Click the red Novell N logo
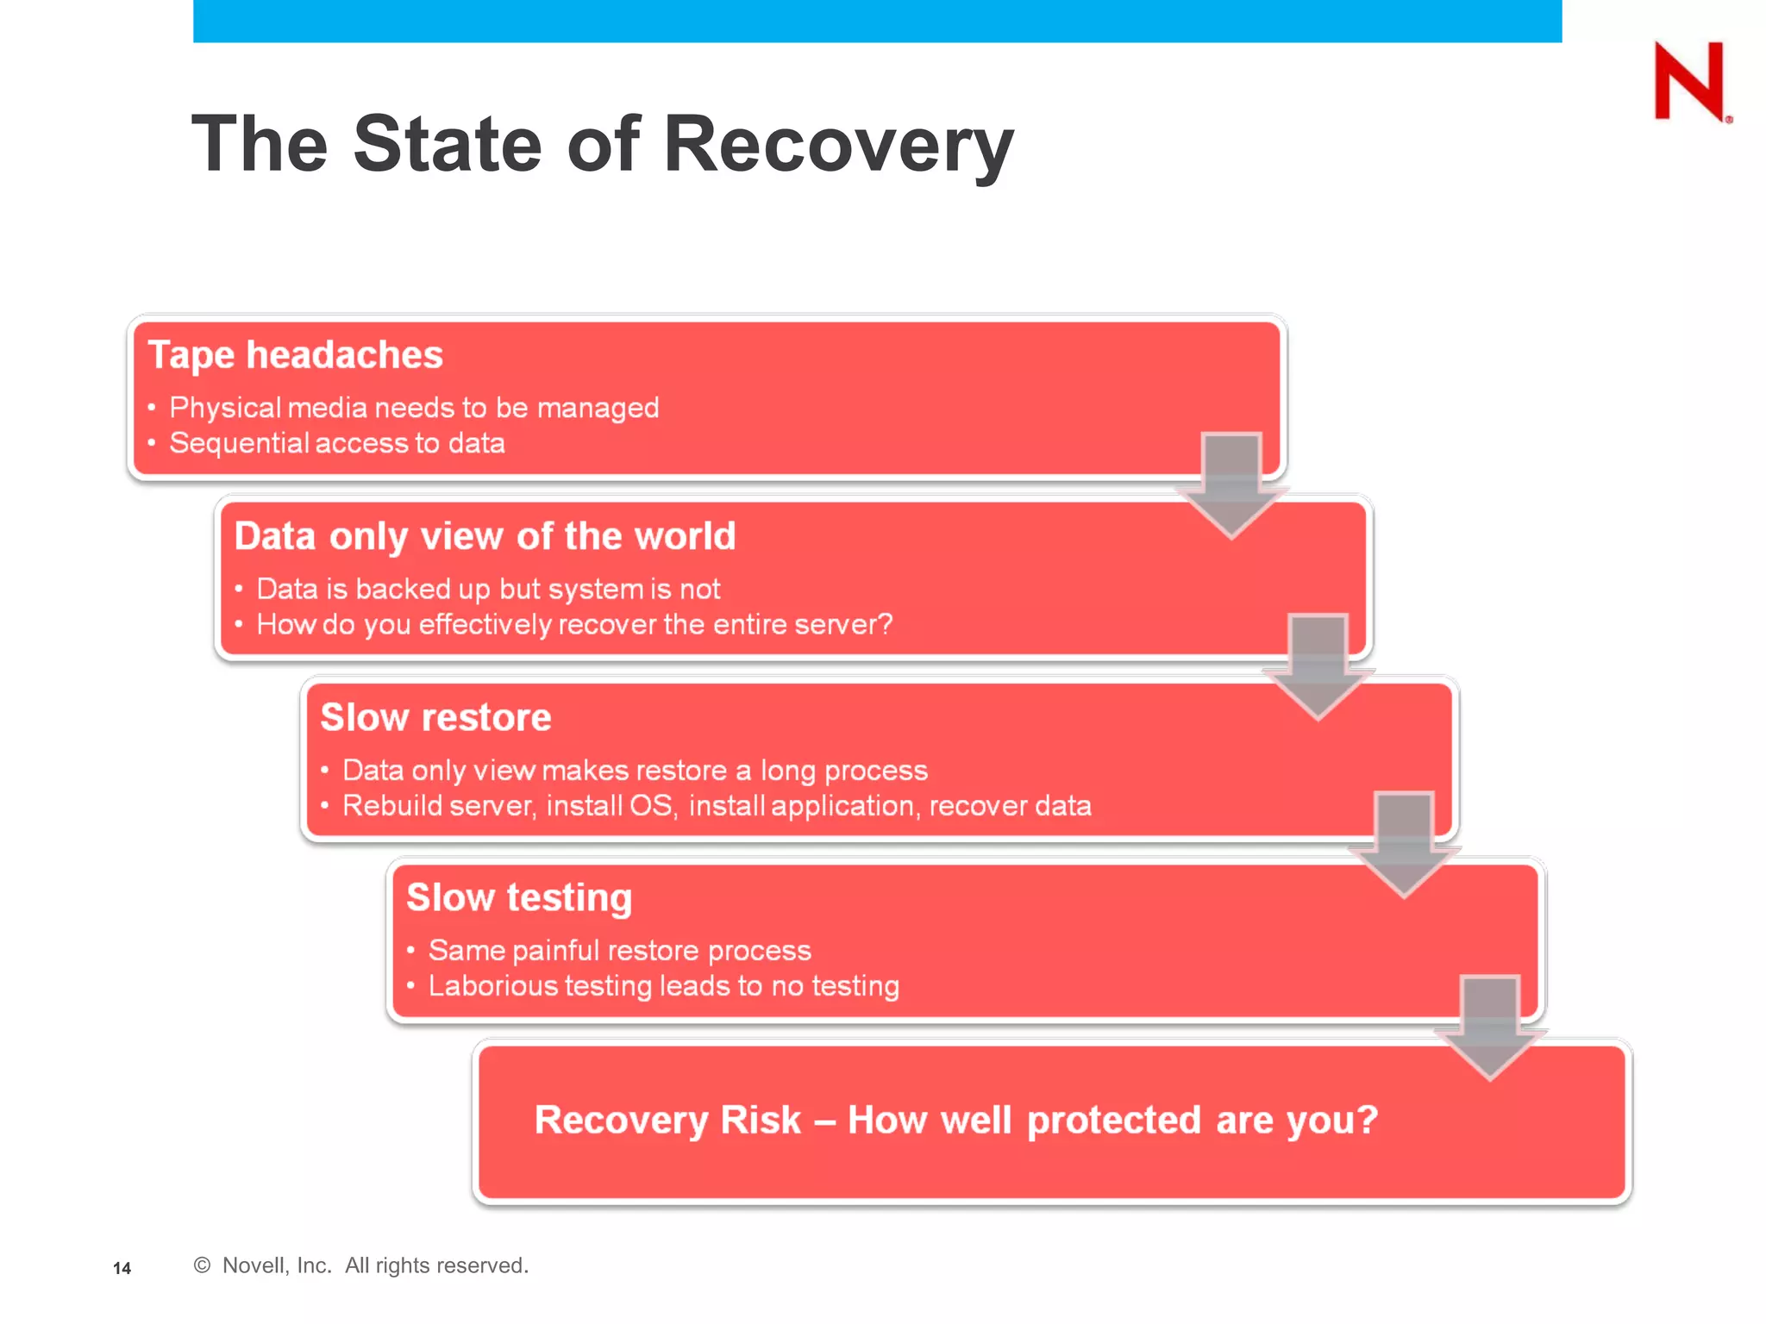pos(1689,82)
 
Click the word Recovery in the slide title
pos(838,144)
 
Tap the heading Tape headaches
pos(295,355)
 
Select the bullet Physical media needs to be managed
pos(413,408)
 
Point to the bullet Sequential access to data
pos(336,443)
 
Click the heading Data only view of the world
pos(485,536)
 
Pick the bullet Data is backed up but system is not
pos(487,589)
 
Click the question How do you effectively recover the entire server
pos(573,624)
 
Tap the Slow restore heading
pos(435,717)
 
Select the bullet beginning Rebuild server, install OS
pos(716,806)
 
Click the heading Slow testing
pos(519,897)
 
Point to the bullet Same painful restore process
pos(619,950)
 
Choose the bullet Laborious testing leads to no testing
pos(663,986)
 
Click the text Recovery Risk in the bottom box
pos(668,1120)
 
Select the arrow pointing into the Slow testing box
pos(1404,845)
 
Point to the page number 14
pos(122,1268)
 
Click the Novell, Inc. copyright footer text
pos(361,1265)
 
